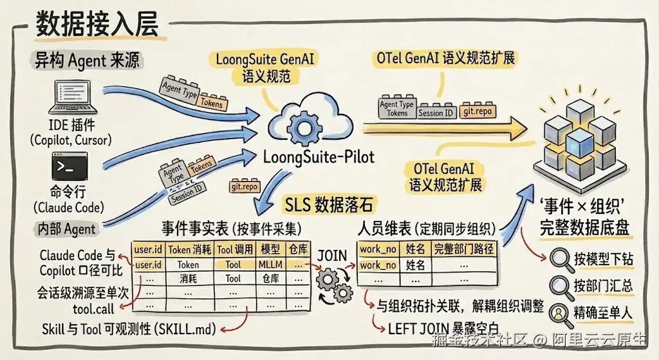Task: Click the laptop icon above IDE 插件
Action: [x=73, y=98]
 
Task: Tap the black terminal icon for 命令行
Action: [x=70, y=167]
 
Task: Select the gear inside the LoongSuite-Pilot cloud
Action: [x=304, y=128]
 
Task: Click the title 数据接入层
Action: [x=97, y=24]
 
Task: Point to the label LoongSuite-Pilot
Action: [x=319, y=157]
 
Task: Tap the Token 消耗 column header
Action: [x=190, y=250]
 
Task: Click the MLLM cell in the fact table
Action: [x=270, y=265]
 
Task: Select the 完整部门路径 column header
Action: [x=463, y=249]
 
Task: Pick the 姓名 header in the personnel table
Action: [x=415, y=249]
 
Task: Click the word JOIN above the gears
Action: [x=332, y=256]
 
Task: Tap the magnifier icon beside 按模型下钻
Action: [x=561, y=260]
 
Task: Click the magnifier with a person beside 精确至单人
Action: [x=561, y=315]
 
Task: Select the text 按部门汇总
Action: [x=604, y=286]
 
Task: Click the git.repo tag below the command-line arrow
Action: [x=244, y=186]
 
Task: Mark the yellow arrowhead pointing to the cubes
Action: [x=515, y=128]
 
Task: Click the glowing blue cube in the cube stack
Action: [x=580, y=144]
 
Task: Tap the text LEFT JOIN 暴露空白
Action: [x=444, y=328]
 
